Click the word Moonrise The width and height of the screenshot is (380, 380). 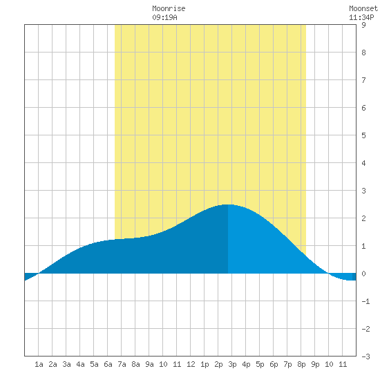pyautogui.click(x=169, y=8)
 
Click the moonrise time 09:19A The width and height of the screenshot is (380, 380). pyautogui.click(x=164, y=17)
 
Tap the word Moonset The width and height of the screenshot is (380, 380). pyautogui.click(x=363, y=8)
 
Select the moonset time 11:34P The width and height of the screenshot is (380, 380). pyautogui.click(x=361, y=17)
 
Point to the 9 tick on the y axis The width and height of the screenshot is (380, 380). pyautogui.click(x=363, y=25)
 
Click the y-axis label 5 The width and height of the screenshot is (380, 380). pyautogui.click(x=363, y=135)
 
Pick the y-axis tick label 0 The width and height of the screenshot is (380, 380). pyautogui.click(x=363, y=274)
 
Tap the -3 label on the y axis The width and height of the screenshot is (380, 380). pyautogui.click(x=365, y=357)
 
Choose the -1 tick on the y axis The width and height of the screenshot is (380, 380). pyautogui.click(x=365, y=301)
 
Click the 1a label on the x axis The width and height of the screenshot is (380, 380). pyautogui.click(x=39, y=364)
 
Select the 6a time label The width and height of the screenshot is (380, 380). pyautogui.click(x=108, y=364)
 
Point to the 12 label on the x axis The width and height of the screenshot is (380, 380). pyautogui.click(x=191, y=364)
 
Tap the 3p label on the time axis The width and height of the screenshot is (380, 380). pyautogui.click(x=232, y=364)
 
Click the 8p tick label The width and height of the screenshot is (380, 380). pyautogui.click(x=301, y=364)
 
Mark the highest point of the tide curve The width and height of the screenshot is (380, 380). pyautogui.click(x=227, y=205)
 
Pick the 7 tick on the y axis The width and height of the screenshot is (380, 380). pyautogui.click(x=363, y=80)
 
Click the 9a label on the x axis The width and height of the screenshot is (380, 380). pyautogui.click(x=149, y=364)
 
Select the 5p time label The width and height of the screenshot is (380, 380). pyautogui.click(x=260, y=364)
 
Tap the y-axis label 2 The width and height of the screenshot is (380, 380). pyautogui.click(x=363, y=218)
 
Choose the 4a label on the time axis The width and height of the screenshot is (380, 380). pyautogui.click(x=80, y=364)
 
